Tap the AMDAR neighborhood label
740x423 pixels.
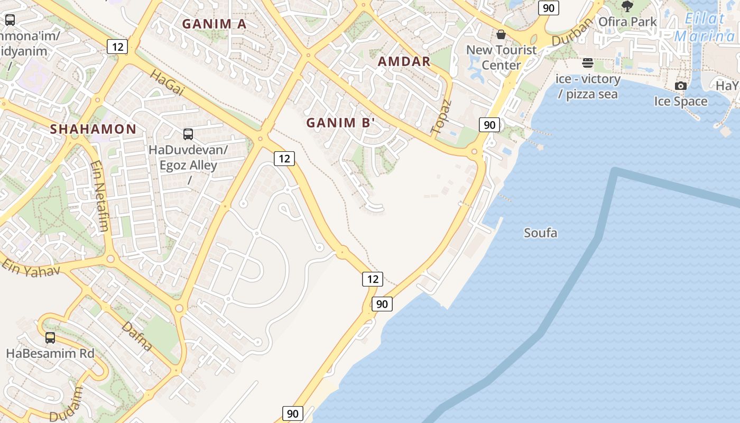[x=404, y=61]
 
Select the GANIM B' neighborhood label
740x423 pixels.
[x=340, y=123]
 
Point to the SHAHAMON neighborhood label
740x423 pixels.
[x=93, y=129]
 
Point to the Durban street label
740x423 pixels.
[x=573, y=32]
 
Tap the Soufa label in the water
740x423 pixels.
[x=540, y=233]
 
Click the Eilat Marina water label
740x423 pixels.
[x=705, y=27]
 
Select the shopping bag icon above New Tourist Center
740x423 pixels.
[x=501, y=34]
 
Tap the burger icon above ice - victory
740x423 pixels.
[x=588, y=63]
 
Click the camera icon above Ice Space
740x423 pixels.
[x=681, y=86]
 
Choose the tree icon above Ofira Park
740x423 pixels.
[x=627, y=6]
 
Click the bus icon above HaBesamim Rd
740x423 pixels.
[x=50, y=337]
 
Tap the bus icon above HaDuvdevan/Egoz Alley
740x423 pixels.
[x=188, y=134]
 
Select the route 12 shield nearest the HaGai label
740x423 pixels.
[x=117, y=47]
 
